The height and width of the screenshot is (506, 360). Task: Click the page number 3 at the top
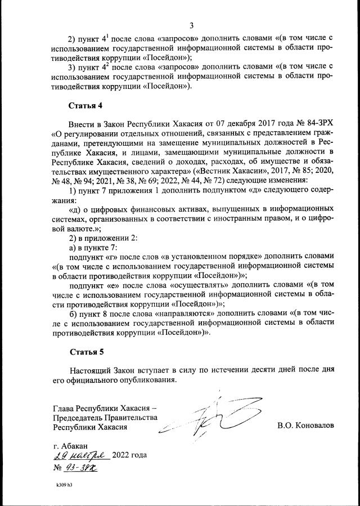[192, 25]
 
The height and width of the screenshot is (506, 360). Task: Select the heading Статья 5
[86, 353]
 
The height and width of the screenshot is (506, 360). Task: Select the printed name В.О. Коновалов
[305, 426]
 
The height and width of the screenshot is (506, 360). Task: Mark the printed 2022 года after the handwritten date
[130, 455]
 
